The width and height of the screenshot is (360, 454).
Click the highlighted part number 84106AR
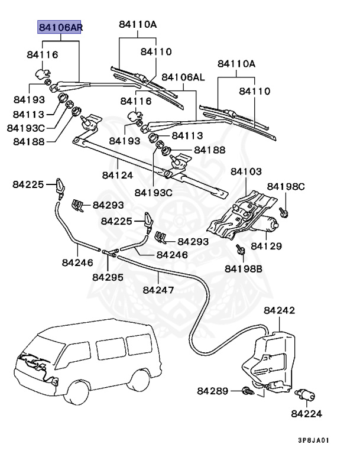59,27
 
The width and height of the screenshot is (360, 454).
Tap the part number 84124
117,175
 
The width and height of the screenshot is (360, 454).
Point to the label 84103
246,171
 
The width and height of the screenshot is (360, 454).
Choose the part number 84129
267,245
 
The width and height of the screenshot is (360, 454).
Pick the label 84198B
243,268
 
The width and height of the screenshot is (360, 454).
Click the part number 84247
158,290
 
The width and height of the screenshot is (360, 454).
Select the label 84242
280,310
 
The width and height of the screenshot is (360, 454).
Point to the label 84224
308,414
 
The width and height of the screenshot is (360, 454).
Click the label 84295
108,276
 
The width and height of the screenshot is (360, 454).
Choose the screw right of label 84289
247,390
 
